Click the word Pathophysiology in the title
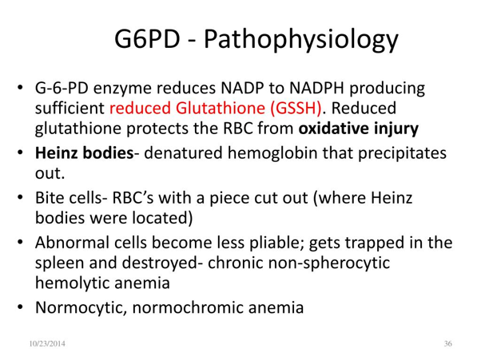click(301, 40)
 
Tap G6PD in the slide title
click(147, 38)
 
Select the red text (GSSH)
click(296, 108)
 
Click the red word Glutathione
click(221, 108)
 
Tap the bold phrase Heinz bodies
click(85, 153)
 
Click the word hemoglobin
click(272, 153)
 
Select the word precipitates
click(402, 153)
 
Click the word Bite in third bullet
click(50, 198)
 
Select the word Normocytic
click(81, 307)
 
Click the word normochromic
click(188, 307)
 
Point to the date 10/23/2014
click(47, 344)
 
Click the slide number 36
click(448, 344)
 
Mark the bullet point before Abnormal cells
click(20, 243)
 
